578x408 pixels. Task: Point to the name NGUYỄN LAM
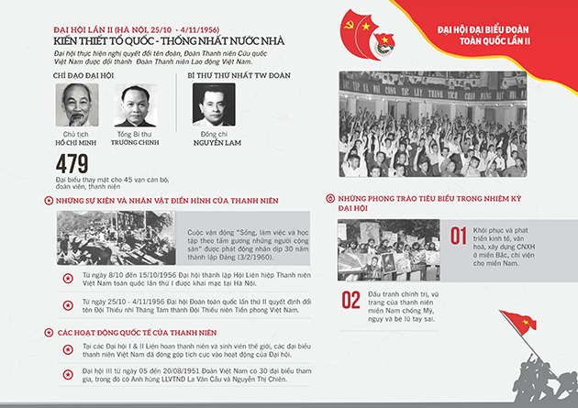[218, 145]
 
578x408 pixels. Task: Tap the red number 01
[459, 237]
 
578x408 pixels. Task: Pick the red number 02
[351, 300]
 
